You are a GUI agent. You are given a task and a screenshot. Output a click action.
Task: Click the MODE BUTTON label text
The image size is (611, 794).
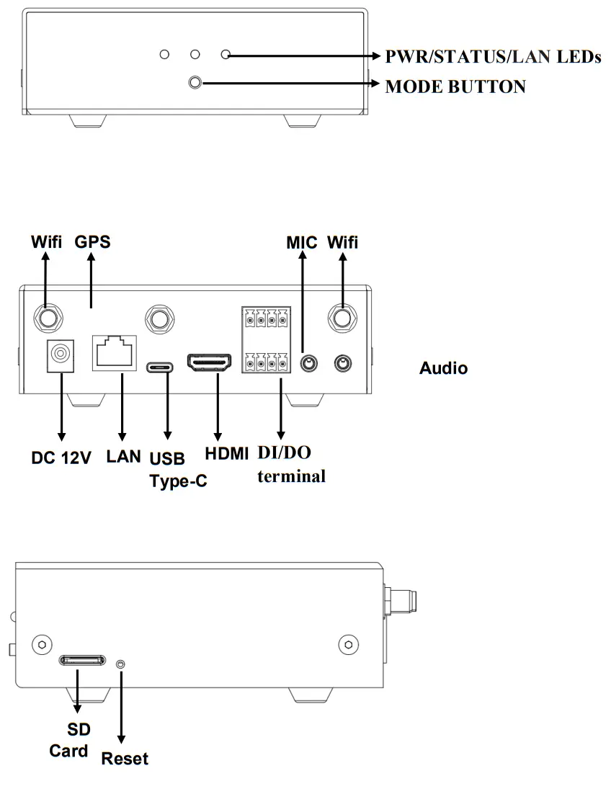click(455, 86)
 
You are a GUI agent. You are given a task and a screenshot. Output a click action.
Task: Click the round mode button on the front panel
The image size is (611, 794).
click(195, 83)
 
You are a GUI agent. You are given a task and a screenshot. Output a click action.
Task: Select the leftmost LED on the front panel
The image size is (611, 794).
click(164, 55)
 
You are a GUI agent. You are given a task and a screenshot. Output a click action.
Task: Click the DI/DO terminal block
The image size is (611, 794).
click(266, 340)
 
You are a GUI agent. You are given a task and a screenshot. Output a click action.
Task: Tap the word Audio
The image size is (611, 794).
click(443, 369)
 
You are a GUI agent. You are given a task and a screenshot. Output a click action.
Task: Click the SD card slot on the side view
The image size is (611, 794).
click(81, 660)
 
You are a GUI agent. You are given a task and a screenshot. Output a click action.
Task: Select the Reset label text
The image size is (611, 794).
click(125, 759)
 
